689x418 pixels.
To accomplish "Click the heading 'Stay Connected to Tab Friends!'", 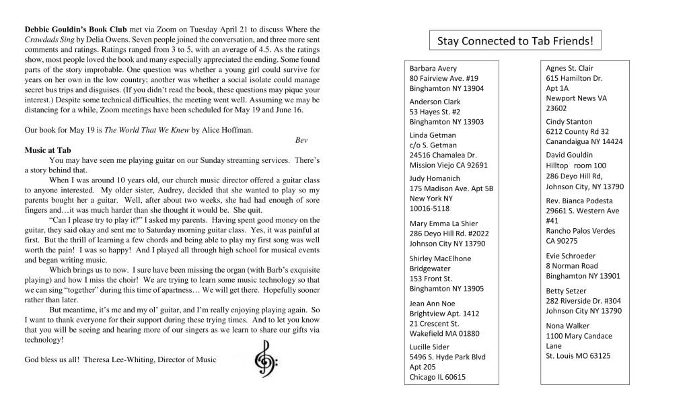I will (x=515, y=42).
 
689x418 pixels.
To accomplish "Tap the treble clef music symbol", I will (x=262, y=357).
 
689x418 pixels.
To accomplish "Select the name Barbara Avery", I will (x=433, y=69).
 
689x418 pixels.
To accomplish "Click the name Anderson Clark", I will (x=435, y=102).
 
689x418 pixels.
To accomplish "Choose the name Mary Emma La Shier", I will (x=443, y=223).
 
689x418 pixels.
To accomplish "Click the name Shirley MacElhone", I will (x=440, y=258).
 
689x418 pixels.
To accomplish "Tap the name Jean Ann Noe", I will (x=433, y=304).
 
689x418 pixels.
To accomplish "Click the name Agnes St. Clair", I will (x=569, y=68).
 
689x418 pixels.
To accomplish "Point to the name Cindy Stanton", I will (x=569, y=122).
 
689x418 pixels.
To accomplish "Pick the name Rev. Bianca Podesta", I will (x=579, y=201).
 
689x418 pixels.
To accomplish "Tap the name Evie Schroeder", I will (x=571, y=256).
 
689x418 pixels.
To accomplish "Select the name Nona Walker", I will (x=567, y=326).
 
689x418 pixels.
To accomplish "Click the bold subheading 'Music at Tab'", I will (x=48, y=149).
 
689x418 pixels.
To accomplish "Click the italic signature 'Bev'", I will (x=301, y=140).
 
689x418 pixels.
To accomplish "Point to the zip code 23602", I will (x=556, y=108).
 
